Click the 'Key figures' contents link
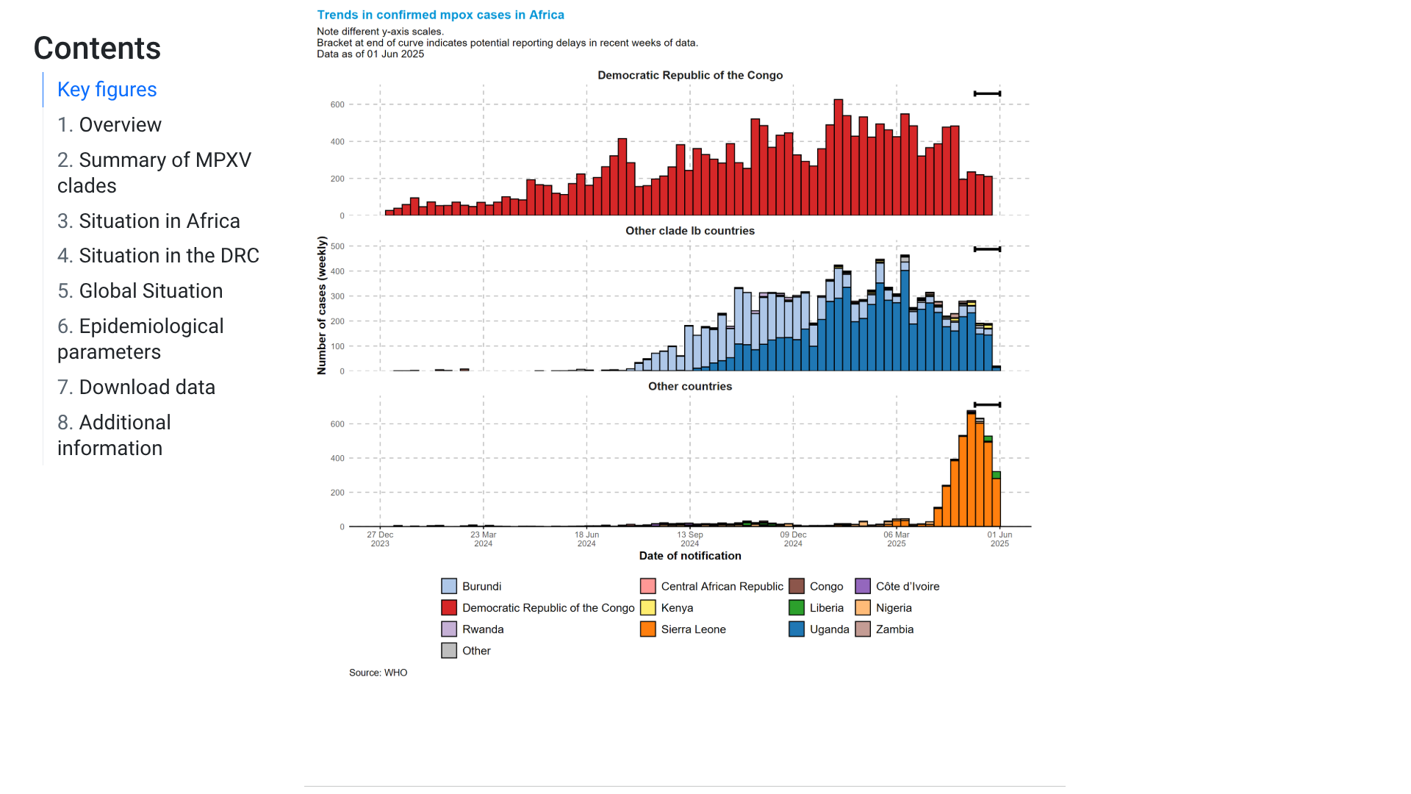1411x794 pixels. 107,90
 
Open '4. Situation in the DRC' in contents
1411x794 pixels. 158,256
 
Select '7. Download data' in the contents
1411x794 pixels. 136,387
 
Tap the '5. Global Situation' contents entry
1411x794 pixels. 140,291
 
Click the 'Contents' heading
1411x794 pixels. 97,49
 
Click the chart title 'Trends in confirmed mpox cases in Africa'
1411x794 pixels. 440,15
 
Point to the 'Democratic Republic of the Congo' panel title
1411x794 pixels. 689,75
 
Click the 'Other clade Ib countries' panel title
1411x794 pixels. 689,231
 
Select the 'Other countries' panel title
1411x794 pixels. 689,387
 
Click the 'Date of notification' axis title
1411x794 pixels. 689,556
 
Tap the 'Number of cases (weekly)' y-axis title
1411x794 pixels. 322,305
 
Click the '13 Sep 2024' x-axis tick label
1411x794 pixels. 689,539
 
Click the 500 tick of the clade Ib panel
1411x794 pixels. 337,246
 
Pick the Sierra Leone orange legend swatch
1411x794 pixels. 647,629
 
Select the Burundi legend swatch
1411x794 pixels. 449,586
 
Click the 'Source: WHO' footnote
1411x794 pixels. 378,673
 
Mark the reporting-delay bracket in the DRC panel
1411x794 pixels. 987,93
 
